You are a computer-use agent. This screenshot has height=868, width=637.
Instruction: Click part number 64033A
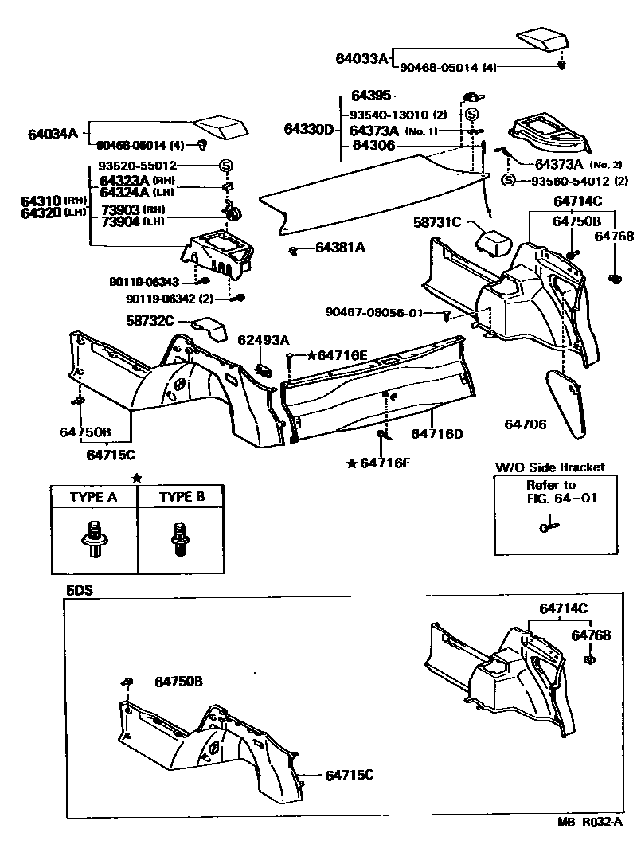click(361, 58)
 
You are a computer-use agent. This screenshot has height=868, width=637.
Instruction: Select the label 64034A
click(51, 133)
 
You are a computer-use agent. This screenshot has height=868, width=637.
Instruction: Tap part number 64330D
click(309, 129)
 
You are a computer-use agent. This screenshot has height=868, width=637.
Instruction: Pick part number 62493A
click(263, 340)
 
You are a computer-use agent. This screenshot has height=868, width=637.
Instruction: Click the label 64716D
click(437, 434)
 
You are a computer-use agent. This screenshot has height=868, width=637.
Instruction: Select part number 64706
click(525, 424)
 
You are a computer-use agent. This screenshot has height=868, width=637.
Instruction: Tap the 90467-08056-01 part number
click(374, 312)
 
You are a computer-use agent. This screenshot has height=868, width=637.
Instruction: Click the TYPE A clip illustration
click(93, 539)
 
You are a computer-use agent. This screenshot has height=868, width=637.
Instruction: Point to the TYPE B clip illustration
click(181, 540)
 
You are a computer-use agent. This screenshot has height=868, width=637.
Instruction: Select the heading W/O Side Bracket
click(550, 467)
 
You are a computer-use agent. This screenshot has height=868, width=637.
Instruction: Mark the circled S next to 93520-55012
click(226, 166)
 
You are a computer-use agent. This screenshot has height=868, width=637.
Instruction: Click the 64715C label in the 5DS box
click(349, 774)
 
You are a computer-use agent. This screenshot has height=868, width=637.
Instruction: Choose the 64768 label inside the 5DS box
click(591, 635)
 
